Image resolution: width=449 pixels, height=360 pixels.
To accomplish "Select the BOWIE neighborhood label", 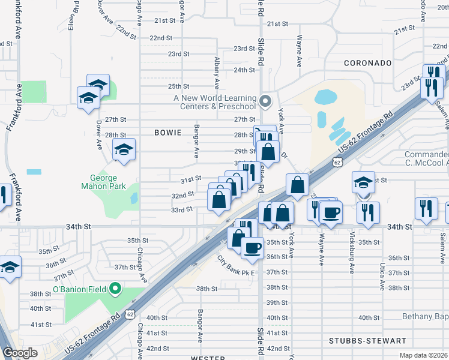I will tap(167, 133).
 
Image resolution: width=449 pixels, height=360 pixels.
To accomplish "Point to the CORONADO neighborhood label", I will tap(367, 63).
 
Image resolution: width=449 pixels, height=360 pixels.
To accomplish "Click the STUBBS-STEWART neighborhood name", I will tap(367, 340).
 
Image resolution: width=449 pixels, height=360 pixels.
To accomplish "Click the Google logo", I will tap(20, 353).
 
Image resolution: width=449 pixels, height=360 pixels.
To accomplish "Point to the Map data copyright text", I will tap(424, 355).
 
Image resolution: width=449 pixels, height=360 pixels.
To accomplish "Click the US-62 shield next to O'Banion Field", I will tap(130, 314).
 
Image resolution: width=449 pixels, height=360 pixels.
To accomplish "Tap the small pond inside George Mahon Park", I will tap(133, 198).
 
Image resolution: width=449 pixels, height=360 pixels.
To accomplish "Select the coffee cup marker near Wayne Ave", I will tap(330, 212).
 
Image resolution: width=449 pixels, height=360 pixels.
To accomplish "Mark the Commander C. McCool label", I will tap(426, 159).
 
